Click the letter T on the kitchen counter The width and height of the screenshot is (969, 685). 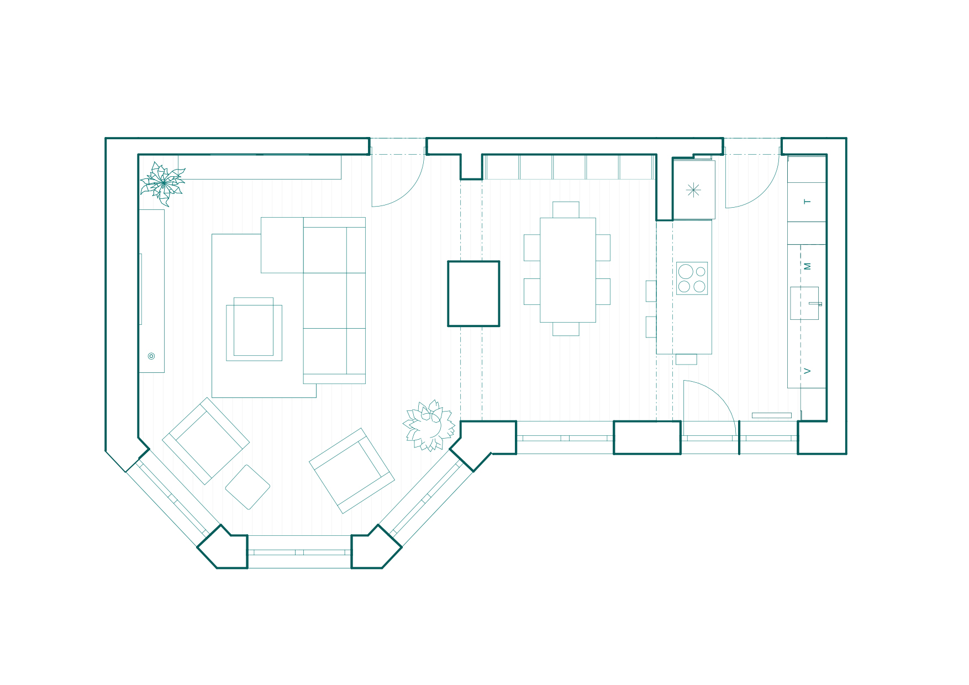coord(808,202)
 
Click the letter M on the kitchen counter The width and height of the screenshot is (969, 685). coord(808,266)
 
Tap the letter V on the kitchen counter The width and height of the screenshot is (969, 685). coord(808,371)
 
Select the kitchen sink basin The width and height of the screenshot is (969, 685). coord(804,303)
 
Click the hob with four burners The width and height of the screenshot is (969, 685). coord(692,278)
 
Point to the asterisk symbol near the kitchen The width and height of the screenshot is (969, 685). coord(693,190)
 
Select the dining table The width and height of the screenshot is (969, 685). coord(568,270)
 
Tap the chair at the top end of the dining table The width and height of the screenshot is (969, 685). coord(566,210)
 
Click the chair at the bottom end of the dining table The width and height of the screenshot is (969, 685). coord(566,329)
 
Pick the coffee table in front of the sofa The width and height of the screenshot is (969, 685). coord(254,329)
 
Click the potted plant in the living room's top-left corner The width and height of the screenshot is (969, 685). coord(162,183)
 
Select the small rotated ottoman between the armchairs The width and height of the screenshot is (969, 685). coord(247,487)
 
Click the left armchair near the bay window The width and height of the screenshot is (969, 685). coord(206,441)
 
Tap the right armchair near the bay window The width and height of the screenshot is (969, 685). coord(352,471)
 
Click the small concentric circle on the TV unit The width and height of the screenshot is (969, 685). coord(151,356)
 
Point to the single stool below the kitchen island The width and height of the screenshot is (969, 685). coord(686,359)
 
